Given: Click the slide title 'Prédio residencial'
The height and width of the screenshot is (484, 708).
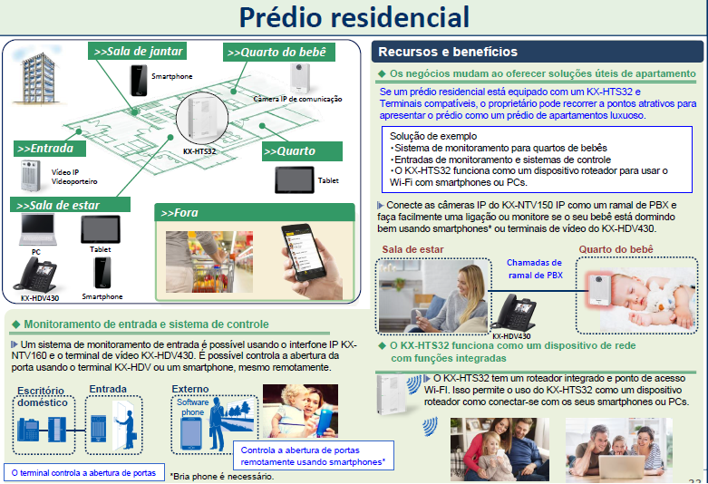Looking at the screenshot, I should click(x=354, y=17).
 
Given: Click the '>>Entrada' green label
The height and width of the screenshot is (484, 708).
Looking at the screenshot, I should click(x=52, y=147).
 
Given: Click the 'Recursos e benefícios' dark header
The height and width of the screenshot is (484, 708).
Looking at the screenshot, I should click(x=448, y=52).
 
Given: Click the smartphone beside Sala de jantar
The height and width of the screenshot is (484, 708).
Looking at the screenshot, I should click(x=139, y=80).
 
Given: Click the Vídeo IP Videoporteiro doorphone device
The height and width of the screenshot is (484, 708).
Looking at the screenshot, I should click(x=33, y=174).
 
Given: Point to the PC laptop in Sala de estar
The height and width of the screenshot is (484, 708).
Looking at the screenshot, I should click(x=35, y=230).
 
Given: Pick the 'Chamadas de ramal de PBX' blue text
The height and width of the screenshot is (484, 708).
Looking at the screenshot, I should click(x=535, y=268).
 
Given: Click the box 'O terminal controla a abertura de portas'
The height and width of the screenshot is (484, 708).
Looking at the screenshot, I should click(x=83, y=472).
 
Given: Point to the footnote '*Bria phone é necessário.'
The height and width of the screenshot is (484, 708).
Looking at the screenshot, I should click(x=220, y=476).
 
